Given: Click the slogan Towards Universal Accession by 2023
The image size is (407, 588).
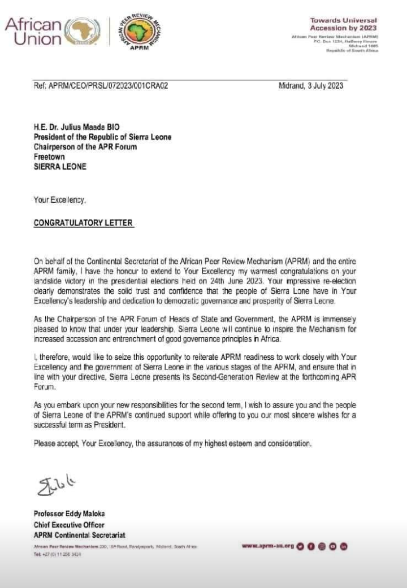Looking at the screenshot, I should click(x=343, y=24).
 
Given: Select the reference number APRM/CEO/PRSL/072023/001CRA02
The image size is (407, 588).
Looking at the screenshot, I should click(x=101, y=86).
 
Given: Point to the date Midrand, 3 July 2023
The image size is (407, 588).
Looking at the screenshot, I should click(x=311, y=86).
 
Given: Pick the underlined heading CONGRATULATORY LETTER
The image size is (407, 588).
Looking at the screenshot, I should click(x=84, y=223).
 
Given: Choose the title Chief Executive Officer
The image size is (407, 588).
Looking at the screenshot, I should click(x=69, y=525).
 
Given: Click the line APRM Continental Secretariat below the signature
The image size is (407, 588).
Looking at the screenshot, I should click(x=79, y=535).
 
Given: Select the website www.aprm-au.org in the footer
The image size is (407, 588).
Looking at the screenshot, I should click(x=268, y=546).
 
